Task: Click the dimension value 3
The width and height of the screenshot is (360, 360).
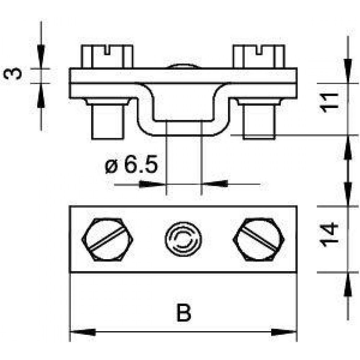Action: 13,73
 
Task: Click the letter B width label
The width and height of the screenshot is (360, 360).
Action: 184,313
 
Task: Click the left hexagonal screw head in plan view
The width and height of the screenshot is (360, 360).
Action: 107,239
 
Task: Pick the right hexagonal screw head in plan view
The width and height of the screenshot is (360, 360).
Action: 259,239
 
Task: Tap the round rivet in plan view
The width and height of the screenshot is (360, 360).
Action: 183,239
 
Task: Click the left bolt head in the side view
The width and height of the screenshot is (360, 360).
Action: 107,57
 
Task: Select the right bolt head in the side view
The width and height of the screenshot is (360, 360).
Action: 259,57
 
